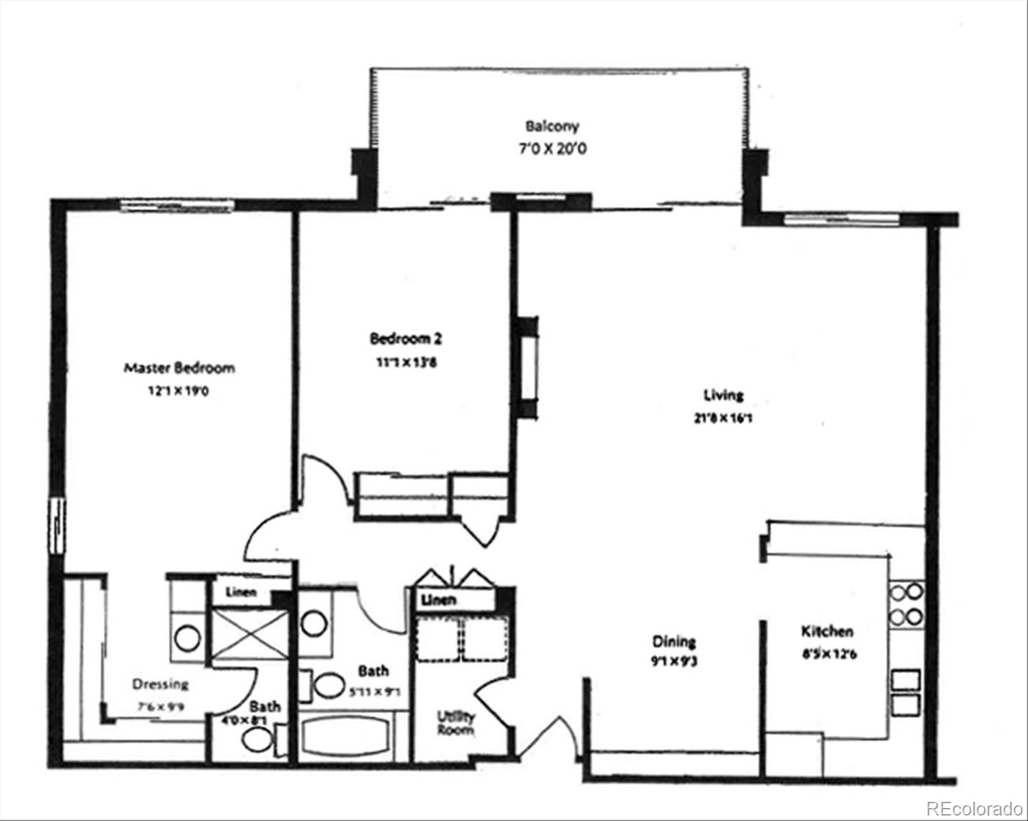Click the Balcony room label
552,126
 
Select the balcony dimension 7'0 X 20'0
552,148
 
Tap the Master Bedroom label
179,368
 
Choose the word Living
723,395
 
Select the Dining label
673,641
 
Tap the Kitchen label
827,631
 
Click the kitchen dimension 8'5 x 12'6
829,653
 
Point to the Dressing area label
160,684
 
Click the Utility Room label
456,723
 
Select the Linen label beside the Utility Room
439,600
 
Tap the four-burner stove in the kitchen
906,604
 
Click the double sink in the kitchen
906,692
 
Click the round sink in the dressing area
187,639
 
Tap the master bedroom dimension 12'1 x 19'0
179,392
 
